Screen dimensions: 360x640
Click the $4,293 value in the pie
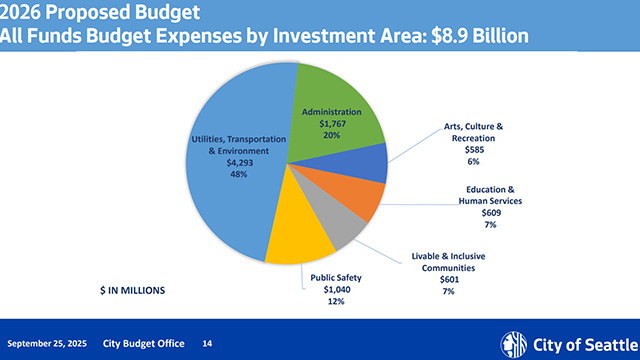(x=237, y=163)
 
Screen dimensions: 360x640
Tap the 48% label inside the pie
(x=237, y=174)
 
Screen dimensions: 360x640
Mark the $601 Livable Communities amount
(x=448, y=279)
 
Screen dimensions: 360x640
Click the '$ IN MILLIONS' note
(x=133, y=290)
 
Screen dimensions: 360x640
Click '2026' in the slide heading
(x=22, y=12)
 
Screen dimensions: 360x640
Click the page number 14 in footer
(x=208, y=343)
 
